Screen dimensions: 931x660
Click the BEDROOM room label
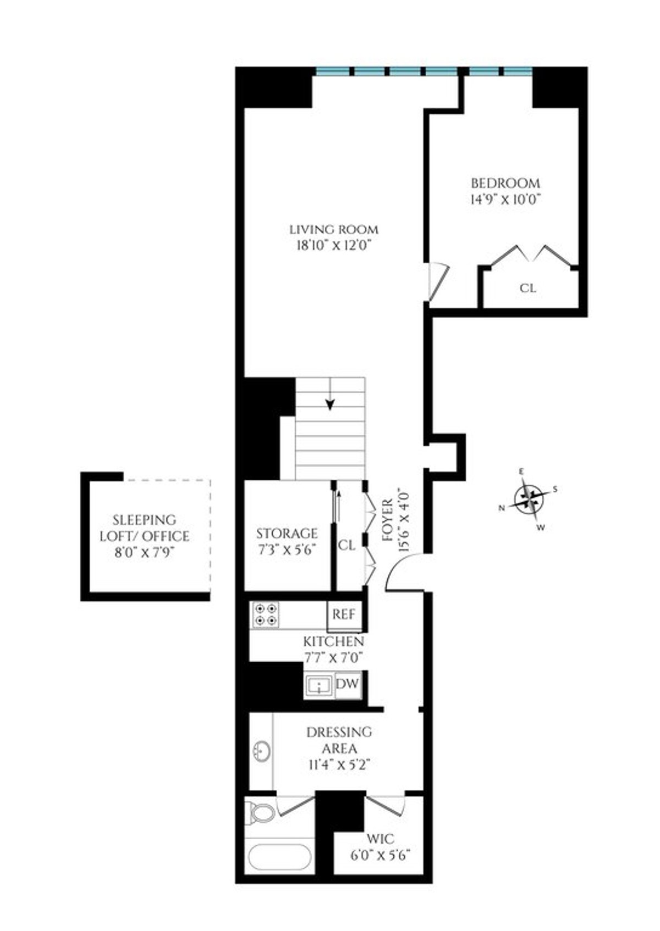coord(505,183)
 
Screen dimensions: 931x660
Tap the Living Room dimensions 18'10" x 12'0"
coord(334,246)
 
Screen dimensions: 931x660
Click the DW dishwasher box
coord(348,684)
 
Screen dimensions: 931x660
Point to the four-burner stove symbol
coord(265,614)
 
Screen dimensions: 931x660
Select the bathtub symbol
coord(279,857)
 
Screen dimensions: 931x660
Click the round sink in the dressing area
coord(262,751)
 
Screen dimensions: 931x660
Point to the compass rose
coord(529,498)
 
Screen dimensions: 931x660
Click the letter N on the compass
coord(502,508)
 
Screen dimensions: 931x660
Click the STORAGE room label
coord(287,533)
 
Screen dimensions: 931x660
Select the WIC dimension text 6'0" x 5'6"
coord(381,856)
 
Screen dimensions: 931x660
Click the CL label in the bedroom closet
coord(528,288)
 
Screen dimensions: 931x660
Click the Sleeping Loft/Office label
coord(145,528)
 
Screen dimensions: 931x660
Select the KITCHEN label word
coord(334,641)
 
